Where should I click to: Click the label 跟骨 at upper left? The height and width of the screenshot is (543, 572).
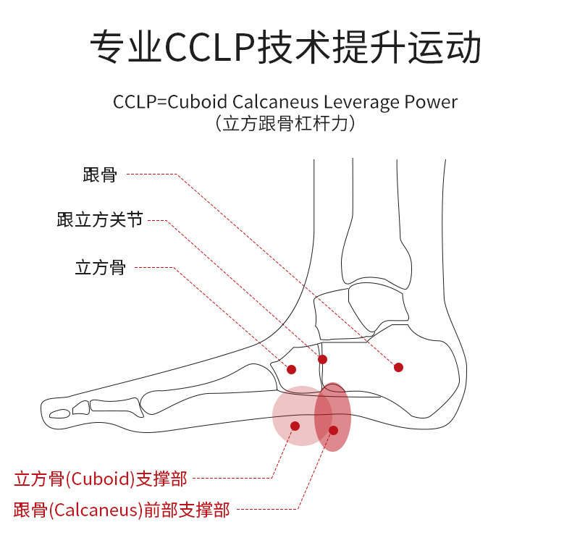[100, 174]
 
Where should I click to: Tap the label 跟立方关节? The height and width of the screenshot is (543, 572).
[100, 220]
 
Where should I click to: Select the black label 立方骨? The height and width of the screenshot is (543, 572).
[100, 267]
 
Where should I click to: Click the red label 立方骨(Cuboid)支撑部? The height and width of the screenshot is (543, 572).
[101, 479]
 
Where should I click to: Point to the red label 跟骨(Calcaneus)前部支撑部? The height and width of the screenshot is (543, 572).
[122, 510]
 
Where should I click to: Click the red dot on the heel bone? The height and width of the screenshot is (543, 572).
[398, 367]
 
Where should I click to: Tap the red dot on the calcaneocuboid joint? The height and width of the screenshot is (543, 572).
[322, 359]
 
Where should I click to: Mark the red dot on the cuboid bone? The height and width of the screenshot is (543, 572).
[291, 369]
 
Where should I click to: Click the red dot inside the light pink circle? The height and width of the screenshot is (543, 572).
[295, 426]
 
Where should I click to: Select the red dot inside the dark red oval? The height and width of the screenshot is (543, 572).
[333, 430]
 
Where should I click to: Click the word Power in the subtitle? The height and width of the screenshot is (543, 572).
[432, 102]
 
